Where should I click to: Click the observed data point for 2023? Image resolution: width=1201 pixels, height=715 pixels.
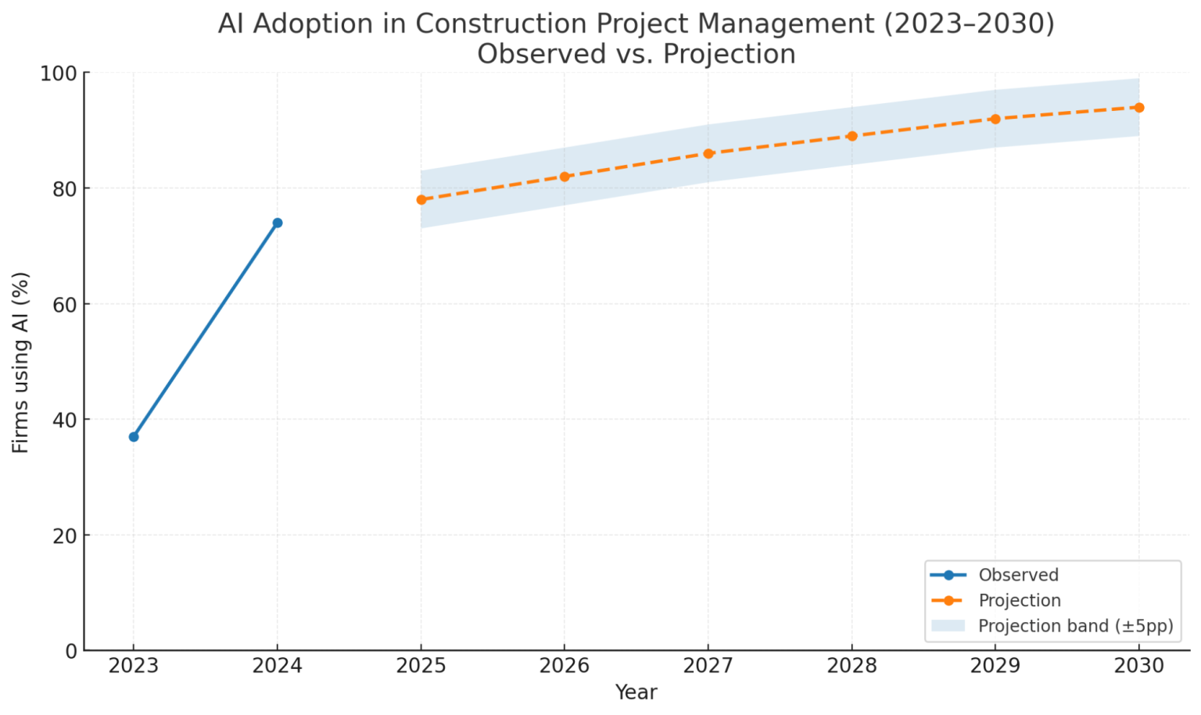(134, 437)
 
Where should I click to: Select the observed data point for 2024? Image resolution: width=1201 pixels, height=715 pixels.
(278, 223)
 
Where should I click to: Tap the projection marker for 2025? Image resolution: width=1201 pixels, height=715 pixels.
(421, 200)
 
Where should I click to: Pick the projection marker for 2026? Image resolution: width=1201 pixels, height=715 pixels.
(565, 177)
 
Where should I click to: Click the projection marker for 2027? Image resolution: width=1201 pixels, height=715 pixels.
(708, 154)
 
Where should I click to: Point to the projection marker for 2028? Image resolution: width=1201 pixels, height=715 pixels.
(852, 136)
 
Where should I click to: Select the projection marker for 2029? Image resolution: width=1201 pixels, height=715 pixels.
(995, 119)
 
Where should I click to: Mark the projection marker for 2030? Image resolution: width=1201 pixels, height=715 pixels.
(1139, 108)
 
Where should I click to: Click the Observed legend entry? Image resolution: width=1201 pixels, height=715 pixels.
(1018, 575)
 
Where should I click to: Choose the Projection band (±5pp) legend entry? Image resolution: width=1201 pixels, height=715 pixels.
(1075, 626)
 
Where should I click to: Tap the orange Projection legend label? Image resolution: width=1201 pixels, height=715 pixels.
(1020, 600)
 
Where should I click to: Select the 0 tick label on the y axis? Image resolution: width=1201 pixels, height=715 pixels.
(71, 650)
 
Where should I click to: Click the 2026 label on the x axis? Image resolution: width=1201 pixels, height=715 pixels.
(565, 666)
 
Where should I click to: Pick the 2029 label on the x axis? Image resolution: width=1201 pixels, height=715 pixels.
(995, 666)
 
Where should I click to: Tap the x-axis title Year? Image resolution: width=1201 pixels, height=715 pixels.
(636, 692)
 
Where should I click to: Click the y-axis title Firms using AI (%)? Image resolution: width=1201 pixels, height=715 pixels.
(21, 362)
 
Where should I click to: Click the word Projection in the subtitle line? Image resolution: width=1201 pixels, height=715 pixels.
(739, 55)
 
